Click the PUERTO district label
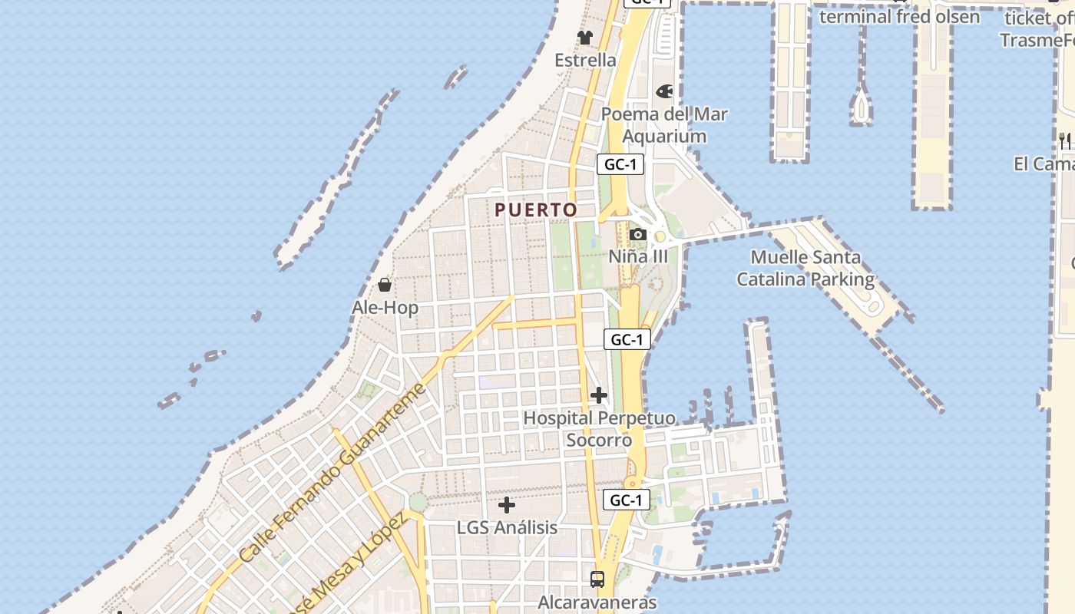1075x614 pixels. click(x=536, y=210)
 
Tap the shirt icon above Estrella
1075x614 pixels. click(x=585, y=38)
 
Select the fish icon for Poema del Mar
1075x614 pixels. click(x=664, y=91)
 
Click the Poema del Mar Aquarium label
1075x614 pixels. click(x=664, y=125)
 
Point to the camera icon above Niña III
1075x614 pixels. click(x=637, y=235)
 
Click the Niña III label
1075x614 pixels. click(x=638, y=256)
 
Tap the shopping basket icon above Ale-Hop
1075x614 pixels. click(x=385, y=286)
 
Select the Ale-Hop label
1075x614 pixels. click(x=385, y=308)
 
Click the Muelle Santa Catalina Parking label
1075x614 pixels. click(x=805, y=269)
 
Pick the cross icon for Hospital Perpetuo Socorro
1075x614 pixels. click(x=599, y=396)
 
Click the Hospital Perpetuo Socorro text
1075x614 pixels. click(x=599, y=429)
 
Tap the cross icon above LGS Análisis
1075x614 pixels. click(x=507, y=505)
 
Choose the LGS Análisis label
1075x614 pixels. click(x=507, y=528)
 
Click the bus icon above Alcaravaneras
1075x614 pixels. click(x=597, y=579)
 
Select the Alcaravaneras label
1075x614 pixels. click(x=597, y=602)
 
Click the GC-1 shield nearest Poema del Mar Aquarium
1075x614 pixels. click(x=620, y=163)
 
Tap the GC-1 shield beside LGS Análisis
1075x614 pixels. click(x=626, y=500)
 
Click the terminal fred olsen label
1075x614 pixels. click(x=899, y=16)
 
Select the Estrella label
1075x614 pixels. click(x=585, y=60)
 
